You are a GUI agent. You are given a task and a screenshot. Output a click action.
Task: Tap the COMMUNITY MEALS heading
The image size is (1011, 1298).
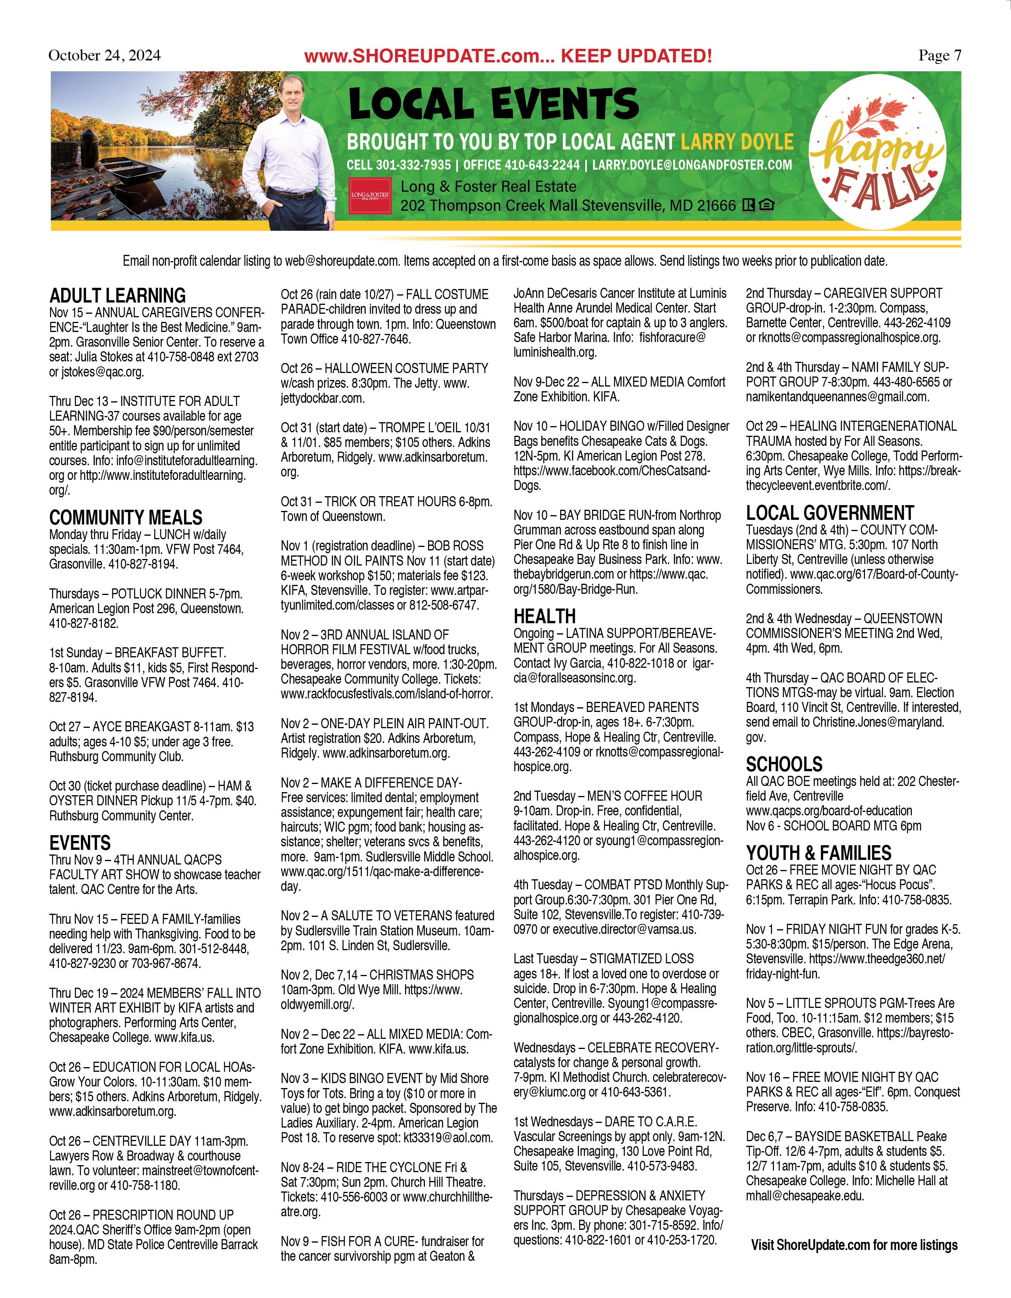126,517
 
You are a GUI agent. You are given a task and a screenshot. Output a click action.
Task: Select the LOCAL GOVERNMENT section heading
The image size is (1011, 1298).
830,512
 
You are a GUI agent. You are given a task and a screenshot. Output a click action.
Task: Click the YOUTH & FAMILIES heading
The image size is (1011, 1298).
818,853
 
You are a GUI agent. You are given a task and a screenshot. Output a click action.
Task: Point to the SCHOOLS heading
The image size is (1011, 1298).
784,764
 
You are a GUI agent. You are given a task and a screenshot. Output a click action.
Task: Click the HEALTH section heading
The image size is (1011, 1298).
545,616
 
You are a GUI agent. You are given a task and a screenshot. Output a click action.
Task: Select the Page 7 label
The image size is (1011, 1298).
939,55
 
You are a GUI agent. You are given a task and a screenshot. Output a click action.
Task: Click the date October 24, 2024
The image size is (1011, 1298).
104,55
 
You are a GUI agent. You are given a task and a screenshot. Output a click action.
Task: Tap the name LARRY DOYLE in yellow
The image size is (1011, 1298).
737,142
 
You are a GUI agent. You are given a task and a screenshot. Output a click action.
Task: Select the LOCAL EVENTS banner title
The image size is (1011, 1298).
493,103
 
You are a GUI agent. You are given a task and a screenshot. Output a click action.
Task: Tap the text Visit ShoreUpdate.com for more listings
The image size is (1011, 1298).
854,1245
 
